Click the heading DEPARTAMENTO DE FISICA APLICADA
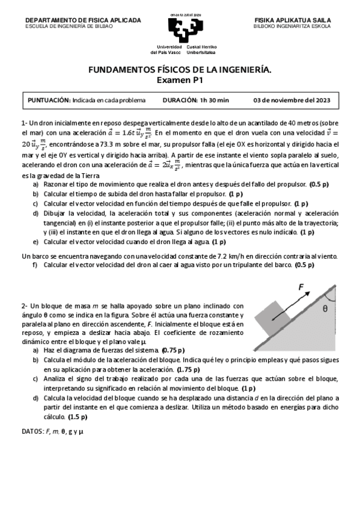point(83,20)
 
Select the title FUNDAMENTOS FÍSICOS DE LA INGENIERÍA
point(180,70)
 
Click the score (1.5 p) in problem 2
point(79,416)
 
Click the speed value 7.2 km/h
point(213,256)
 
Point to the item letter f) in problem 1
point(35,264)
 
